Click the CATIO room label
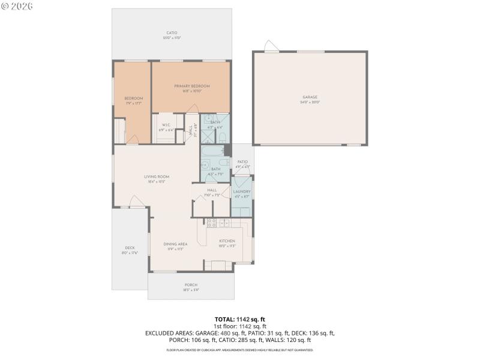(172, 32)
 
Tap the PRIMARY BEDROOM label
(191, 86)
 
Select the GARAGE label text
(310, 97)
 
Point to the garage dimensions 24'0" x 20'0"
(310, 102)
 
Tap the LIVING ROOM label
(157, 176)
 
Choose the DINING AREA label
(176, 244)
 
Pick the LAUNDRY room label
(242, 191)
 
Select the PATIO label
(242, 161)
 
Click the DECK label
(130, 248)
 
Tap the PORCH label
(191, 284)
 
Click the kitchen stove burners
(211, 223)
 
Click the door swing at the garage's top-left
(271, 47)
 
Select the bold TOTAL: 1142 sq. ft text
(239, 319)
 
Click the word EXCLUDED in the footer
(160, 332)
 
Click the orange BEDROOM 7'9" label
(133, 98)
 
